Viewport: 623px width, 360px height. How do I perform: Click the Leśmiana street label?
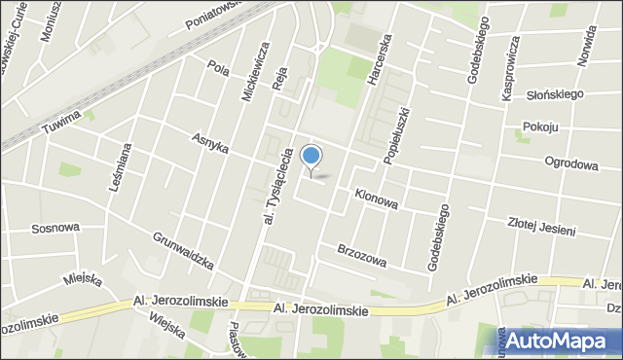(x=121, y=167)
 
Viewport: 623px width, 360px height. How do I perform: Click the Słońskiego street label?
(x=554, y=93)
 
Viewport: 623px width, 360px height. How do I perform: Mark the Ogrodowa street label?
(x=571, y=162)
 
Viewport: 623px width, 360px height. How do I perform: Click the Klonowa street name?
(x=376, y=198)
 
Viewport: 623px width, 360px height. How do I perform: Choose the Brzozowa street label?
(x=362, y=255)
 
